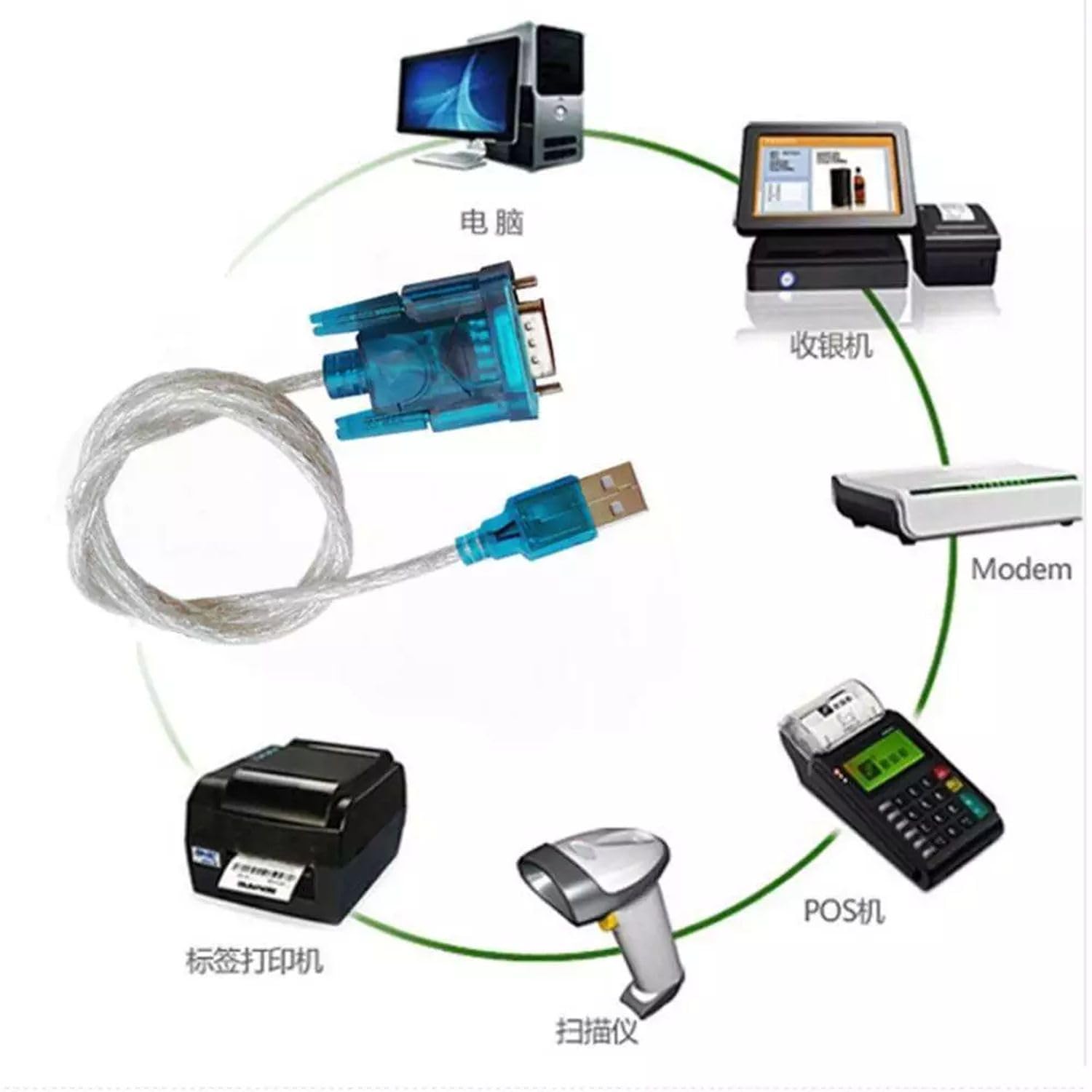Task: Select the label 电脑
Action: tap(491, 221)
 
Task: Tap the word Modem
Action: tap(1021, 569)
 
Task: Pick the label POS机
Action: tap(844, 910)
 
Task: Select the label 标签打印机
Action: tap(254, 961)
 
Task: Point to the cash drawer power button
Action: tap(786, 278)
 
